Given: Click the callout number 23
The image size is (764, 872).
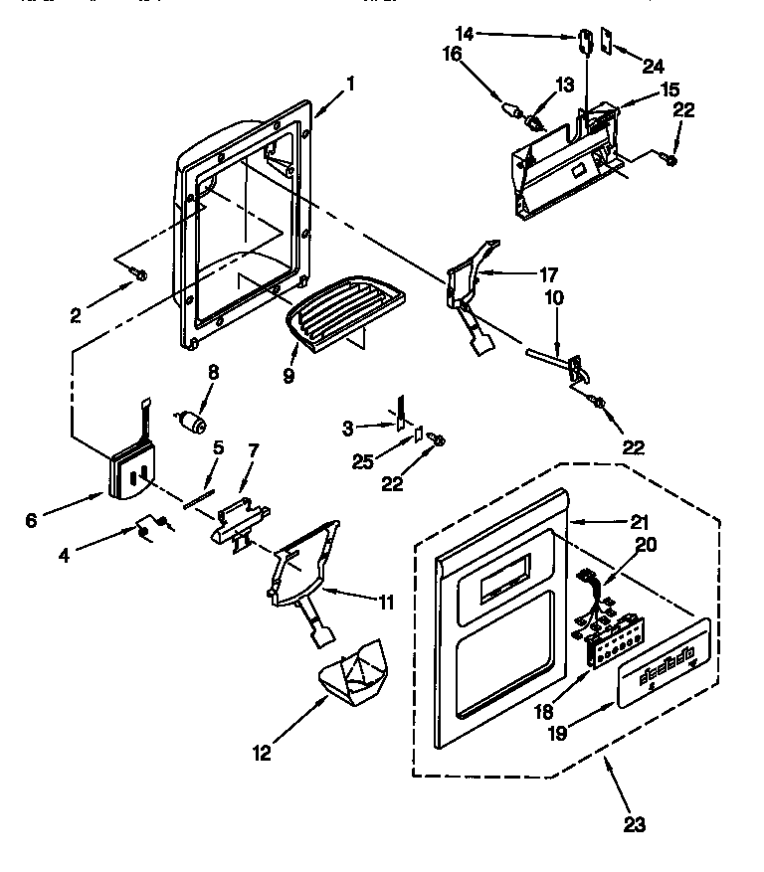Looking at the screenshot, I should click(x=633, y=824).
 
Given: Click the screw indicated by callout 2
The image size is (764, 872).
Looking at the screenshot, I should click(x=140, y=272).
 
